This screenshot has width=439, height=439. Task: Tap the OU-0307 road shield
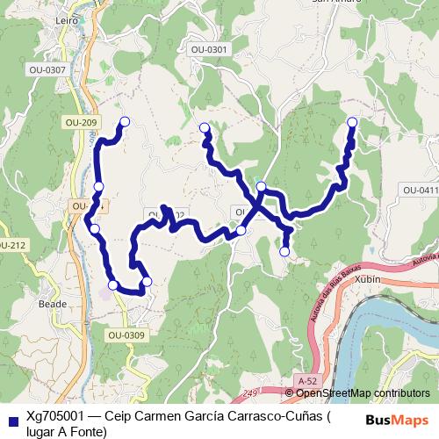click(x=47, y=68)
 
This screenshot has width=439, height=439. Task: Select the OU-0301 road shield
click(x=207, y=50)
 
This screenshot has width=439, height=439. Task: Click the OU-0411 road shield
click(x=420, y=190)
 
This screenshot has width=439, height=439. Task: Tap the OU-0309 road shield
click(x=126, y=335)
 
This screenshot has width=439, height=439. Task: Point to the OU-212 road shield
click(x=11, y=244)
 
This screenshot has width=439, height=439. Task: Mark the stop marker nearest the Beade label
click(x=112, y=284)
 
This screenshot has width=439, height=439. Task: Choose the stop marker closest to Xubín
click(x=284, y=252)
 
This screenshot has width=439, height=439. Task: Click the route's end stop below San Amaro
click(x=352, y=122)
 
